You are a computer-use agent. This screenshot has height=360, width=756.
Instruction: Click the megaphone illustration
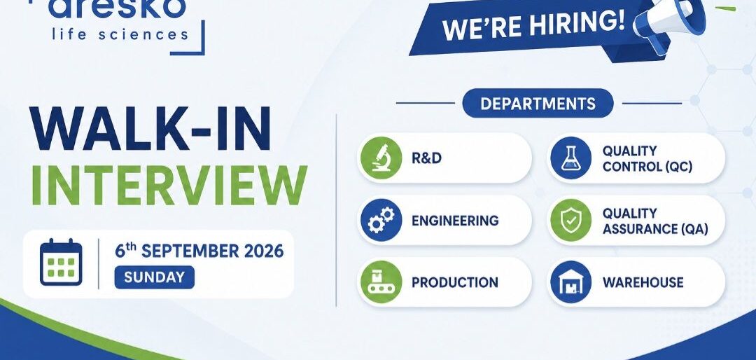click(x=670, y=22)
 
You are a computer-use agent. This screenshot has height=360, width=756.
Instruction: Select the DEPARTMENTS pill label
click(x=538, y=103)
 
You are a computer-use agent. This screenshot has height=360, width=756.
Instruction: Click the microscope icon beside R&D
click(x=381, y=158)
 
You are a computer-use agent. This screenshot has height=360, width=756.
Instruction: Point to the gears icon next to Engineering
click(x=381, y=220)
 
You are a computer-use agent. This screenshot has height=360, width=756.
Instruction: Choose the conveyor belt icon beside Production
click(x=381, y=282)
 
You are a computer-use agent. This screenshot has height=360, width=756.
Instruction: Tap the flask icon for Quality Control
click(x=571, y=158)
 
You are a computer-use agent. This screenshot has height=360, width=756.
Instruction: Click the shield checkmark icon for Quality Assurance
click(x=571, y=220)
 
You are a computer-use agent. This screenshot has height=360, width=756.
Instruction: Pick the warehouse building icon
click(x=571, y=282)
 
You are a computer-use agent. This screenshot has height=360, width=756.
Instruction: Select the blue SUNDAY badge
click(x=154, y=277)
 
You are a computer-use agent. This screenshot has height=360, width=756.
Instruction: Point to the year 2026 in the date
click(x=264, y=251)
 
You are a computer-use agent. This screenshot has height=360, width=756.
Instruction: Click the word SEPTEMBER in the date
click(x=190, y=251)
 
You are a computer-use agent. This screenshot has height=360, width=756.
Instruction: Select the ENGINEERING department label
click(x=455, y=221)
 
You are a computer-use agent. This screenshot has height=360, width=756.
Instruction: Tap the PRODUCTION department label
click(x=455, y=282)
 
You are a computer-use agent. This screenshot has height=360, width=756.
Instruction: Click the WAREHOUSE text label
click(x=643, y=282)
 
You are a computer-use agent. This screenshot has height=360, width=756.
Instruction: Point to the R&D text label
click(x=427, y=158)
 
